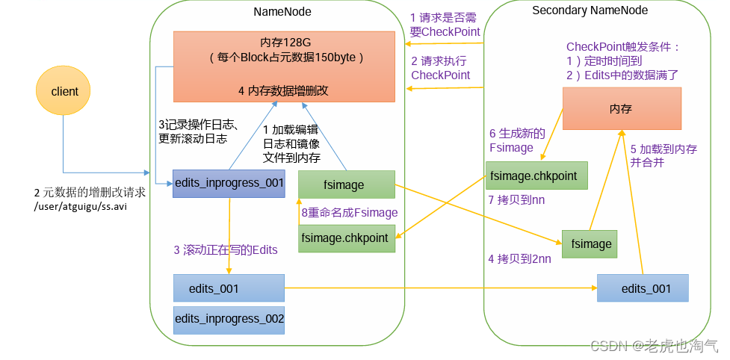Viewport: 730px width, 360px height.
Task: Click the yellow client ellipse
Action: coord(64,91)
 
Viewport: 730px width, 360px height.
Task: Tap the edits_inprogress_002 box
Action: coord(229,319)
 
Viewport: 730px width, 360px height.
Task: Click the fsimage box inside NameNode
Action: coord(346,184)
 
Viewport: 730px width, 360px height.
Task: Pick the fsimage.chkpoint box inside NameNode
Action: coord(346,238)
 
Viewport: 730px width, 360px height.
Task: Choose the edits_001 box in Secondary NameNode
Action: coord(643,288)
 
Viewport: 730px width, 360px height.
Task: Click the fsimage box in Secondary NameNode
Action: coord(592,243)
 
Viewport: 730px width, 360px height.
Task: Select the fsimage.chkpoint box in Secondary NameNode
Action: coord(536,176)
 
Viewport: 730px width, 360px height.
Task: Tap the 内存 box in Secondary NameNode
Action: coord(621,108)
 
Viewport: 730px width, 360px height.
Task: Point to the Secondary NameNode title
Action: coord(590,10)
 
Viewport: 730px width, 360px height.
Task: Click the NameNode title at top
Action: coord(282,12)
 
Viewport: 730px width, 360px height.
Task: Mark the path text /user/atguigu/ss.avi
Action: coord(81,206)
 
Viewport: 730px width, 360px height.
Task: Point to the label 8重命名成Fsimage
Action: coord(349,213)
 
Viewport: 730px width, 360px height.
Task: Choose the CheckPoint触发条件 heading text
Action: coord(623,46)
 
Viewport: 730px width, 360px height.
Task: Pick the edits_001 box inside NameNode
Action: coord(229,288)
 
